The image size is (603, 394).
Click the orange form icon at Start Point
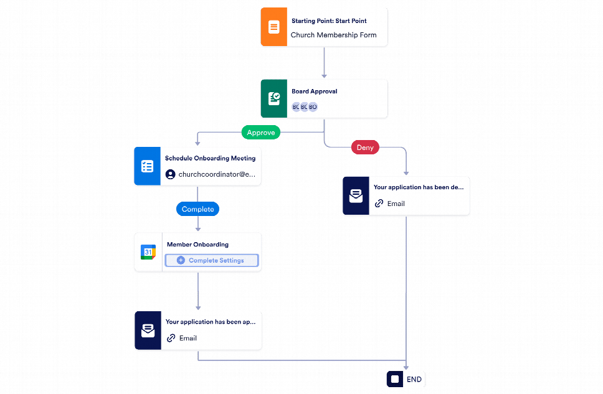[x=273, y=27]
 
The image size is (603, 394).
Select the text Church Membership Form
[x=333, y=35]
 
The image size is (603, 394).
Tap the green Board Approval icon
[x=273, y=98]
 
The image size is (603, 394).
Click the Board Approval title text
[x=314, y=91]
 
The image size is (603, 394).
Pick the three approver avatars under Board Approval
[x=305, y=107]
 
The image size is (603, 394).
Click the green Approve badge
[x=260, y=133]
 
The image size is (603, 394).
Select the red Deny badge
[x=365, y=148]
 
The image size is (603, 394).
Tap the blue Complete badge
[x=197, y=210]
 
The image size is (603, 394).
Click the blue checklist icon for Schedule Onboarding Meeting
[x=147, y=166]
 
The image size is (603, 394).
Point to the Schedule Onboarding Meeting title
[x=210, y=159]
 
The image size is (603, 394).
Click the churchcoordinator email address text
[x=217, y=175]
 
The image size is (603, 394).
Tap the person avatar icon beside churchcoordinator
[x=170, y=175]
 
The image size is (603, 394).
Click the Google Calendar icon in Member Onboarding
[x=148, y=252]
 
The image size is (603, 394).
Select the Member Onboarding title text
[x=197, y=245]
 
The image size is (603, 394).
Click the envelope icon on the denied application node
[x=356, y=196]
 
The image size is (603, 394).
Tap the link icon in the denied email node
[x=379, y=204]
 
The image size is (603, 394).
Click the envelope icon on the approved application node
[x=148, y=331]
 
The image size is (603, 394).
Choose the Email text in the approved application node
[x=188, y=339]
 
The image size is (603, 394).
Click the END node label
[x=414, y=379]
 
